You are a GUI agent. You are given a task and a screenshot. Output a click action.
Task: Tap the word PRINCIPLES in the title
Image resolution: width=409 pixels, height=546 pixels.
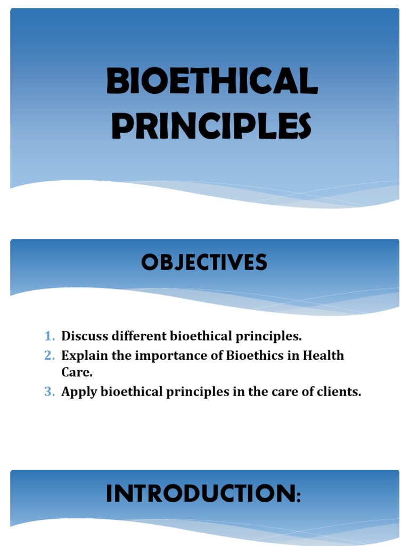211,126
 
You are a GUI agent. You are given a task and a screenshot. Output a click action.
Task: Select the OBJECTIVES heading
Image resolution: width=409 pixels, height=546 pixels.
204,263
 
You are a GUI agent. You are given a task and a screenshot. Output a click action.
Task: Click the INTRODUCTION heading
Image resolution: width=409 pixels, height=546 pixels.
201,494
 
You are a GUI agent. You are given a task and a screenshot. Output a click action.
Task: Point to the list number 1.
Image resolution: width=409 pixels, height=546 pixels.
49,336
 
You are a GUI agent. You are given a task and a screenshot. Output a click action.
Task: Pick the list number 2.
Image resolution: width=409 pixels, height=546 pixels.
49,355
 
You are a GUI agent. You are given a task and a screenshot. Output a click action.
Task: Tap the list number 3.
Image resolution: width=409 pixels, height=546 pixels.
49,392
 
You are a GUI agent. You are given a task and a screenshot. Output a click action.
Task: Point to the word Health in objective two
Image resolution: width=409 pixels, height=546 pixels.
324,355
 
